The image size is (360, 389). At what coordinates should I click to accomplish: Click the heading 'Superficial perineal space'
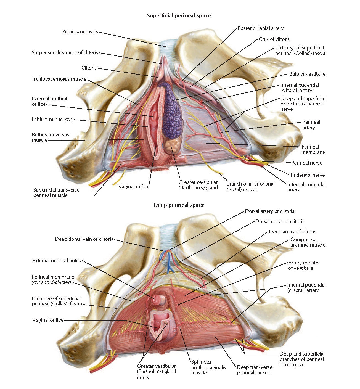pyautogui.click(x=179, y=16)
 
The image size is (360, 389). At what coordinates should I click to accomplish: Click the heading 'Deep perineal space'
pyautogui.click(x=179, y=205)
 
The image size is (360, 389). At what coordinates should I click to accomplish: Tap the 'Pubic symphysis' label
pyautogui.click(x=80, y=32)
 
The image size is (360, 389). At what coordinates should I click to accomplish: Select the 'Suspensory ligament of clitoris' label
pyautogui.click(x=65, y=52)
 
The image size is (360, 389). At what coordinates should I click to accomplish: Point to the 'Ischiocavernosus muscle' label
pyautogui.click(x=59, y=79)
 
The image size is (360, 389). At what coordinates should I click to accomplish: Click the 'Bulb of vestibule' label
pyautogui.click(x=307, y=74)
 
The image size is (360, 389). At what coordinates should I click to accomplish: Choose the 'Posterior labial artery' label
pyautogui.click(x=261, y=28)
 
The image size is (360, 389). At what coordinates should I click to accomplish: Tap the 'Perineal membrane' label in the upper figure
pyautogui.click(x=313, y=149)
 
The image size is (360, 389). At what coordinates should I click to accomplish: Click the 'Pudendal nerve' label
pyautogui.click(x=308, y=175)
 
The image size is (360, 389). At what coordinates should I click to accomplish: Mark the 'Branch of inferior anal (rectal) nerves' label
pyautogui.click(x=250, y=187)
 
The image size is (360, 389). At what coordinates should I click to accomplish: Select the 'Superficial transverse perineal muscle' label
pyautogui.click(x=56, y=192)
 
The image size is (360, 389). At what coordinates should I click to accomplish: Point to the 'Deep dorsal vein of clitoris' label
pyautogui.click(x=84, y=239)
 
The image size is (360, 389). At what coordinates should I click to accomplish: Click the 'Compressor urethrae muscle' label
pyautogui.click(x=308, y=242)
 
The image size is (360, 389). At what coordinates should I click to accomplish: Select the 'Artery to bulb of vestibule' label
pyautogui.click(x=303, y=265)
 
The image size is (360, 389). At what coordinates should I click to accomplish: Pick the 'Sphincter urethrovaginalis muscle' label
pyautogui.click(x=208, y=367)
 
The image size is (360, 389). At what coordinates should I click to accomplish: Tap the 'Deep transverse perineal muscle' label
pyautogui.click(x=254, y=370)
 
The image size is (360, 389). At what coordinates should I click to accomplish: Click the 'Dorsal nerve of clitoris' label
pyautogui.click(x=279, y=221)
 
